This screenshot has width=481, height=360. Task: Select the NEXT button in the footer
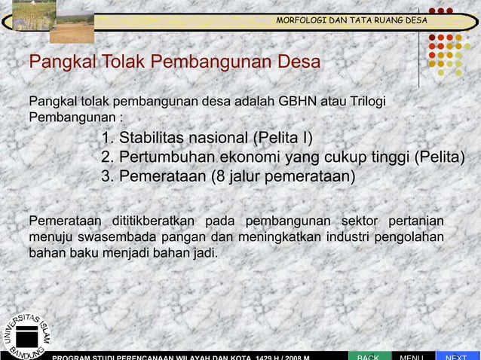[457, 354]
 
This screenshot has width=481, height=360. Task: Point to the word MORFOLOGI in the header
[300, 20]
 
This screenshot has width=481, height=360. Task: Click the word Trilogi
[377, 102]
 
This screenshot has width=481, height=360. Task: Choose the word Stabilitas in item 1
[154, 139]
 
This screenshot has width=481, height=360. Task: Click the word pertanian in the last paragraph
[415, 220]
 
